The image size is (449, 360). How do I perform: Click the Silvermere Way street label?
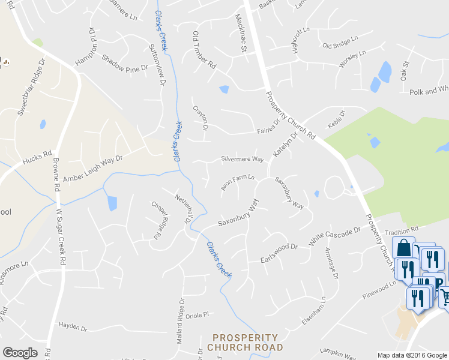(x=243, y=160)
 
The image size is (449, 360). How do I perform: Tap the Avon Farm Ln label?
(x=237, y=182)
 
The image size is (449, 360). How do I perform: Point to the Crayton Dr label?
(x=200, y=118)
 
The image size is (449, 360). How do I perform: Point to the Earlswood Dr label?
(x=279, y=252)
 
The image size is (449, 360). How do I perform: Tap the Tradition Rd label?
(x=402, y=231)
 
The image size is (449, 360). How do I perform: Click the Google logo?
(x=20, y=353)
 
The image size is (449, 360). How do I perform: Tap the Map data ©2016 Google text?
(x=412, y=355)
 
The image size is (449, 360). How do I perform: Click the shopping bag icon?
(x=404, y=248)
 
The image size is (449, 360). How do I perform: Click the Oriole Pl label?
(x=197, y=314)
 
